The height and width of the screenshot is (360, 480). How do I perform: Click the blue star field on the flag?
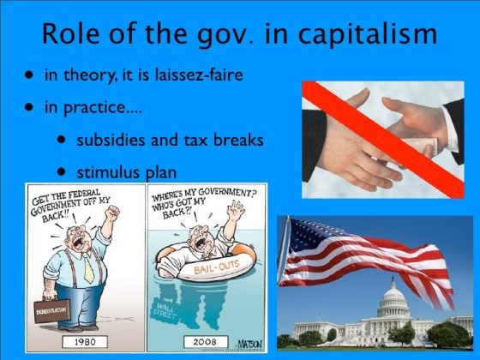pyautogui.click(x=309, y=236)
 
